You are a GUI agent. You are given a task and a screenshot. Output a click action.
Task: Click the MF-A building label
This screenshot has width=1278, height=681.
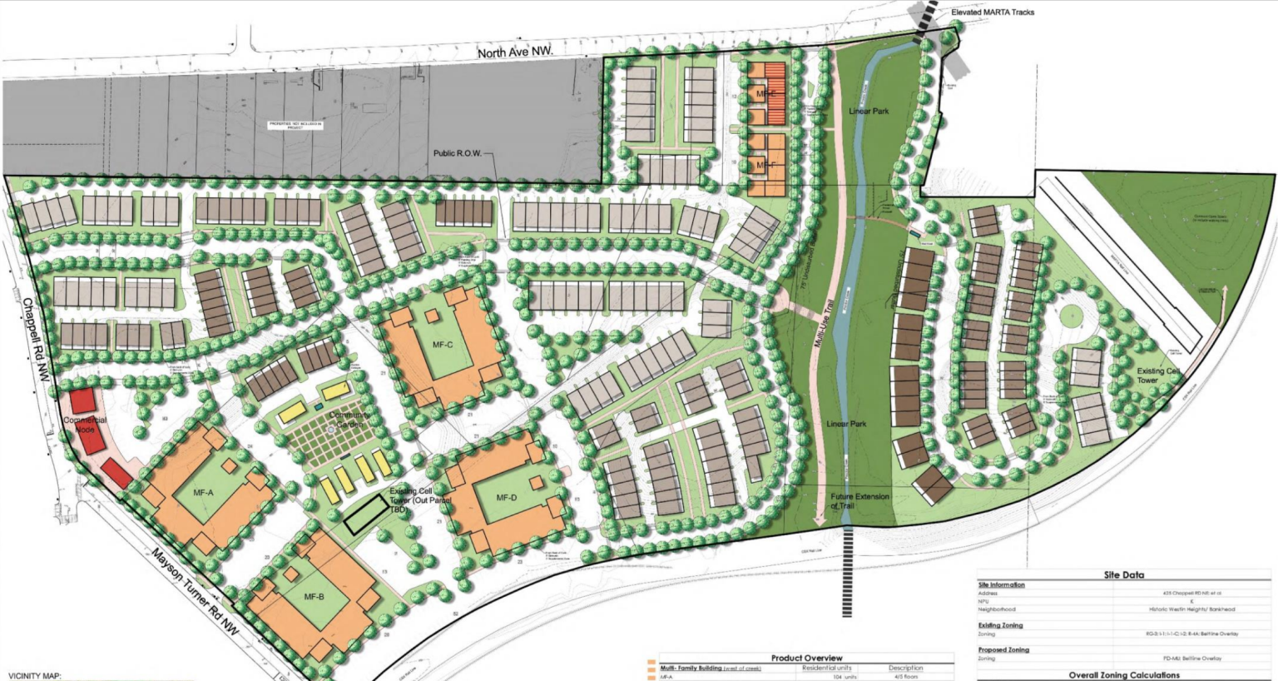(204, 493)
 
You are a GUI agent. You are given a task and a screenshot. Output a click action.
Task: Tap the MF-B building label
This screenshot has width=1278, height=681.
(314, 597)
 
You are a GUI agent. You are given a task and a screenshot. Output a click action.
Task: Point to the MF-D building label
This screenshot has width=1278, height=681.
(507, 498)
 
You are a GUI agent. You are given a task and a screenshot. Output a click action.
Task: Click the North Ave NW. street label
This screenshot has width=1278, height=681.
(515, 52)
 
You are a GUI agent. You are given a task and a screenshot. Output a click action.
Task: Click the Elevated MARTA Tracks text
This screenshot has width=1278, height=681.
(993, 12)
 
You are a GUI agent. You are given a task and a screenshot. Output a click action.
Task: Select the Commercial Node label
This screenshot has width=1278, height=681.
(85, 425)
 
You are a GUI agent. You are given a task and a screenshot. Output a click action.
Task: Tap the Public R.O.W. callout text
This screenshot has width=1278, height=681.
(457, 153)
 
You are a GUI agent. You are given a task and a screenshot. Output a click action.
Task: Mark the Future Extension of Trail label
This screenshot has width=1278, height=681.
(859, 501)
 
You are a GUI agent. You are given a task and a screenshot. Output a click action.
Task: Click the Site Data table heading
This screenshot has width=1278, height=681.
(1123, 574)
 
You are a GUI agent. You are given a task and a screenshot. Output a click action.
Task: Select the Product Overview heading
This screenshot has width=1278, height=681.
(806, 658)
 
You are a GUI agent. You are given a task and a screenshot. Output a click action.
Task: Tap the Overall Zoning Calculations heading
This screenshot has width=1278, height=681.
(1124, 675)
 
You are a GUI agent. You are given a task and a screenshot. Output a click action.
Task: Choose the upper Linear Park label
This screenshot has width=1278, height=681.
(869, 111)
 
